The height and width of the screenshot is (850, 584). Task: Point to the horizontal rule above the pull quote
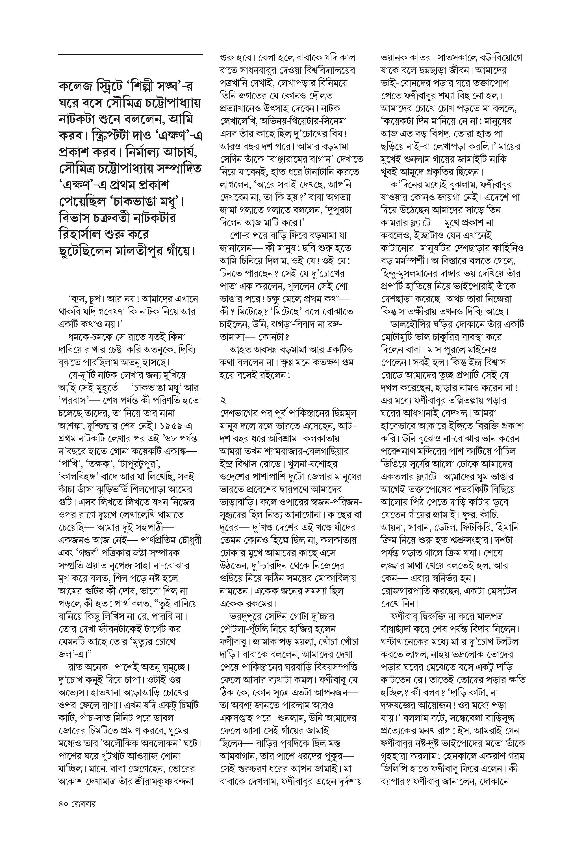pyautogui.click(x=130, y=55)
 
